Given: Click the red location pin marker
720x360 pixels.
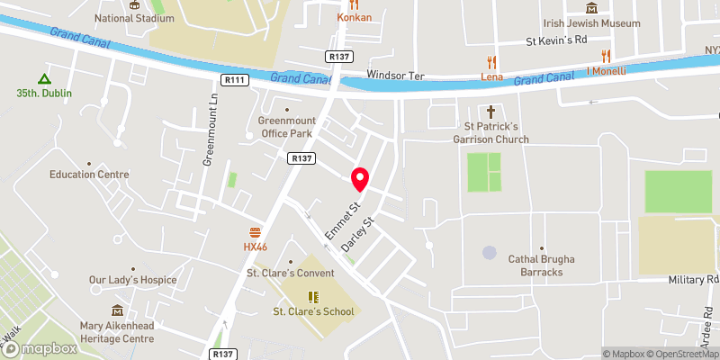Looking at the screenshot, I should [360, 179].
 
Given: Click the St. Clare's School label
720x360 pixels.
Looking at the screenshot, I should [314, 311].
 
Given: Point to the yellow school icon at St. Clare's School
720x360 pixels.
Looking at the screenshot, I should [314, 296].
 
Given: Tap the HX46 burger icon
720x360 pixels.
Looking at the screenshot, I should [256, 231].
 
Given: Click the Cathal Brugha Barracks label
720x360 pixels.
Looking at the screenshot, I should [541, 265].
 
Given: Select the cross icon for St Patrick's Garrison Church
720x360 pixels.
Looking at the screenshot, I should [491, 112].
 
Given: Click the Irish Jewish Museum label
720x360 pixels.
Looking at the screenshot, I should [590, 23].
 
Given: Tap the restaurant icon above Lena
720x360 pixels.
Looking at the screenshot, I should [491, 62].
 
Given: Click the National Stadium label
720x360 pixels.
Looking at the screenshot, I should [134, 17].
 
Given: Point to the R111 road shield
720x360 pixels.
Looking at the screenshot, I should [236, 80].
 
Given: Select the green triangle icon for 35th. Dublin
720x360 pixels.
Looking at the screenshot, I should [42, 77].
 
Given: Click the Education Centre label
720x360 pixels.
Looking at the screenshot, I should [89, 175].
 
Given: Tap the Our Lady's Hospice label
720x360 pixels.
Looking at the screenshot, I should [132, 280].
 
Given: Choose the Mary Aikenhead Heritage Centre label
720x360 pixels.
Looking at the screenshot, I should [117, 332].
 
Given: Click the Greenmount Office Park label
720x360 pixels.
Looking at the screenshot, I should [285, 127].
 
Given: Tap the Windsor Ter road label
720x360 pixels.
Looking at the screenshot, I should [395, 75].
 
